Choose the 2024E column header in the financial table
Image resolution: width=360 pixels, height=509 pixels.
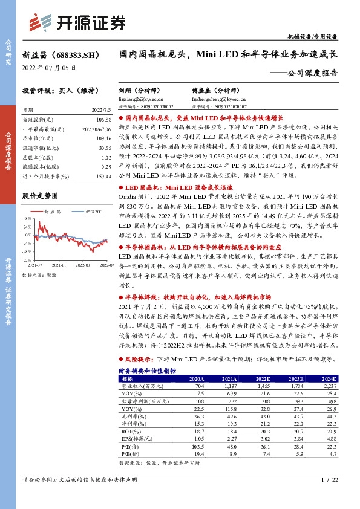pos(327,378)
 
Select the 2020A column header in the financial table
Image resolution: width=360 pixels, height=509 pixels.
pos(197,378)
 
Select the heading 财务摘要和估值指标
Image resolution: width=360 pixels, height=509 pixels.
pos(147,370)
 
